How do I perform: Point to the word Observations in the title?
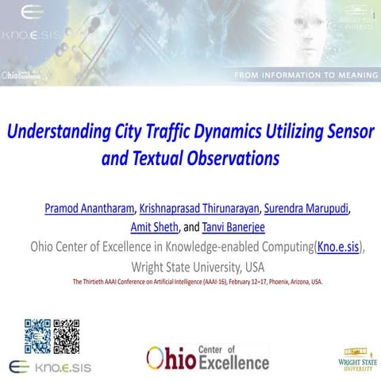point(230,158)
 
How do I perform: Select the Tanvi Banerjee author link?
point(228,228)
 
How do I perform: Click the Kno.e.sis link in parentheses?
point(338,247)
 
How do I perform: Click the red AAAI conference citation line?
point(198,282)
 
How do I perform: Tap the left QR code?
point(37,335)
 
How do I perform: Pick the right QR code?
point(67,335)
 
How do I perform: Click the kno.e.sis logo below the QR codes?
point(50,367)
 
